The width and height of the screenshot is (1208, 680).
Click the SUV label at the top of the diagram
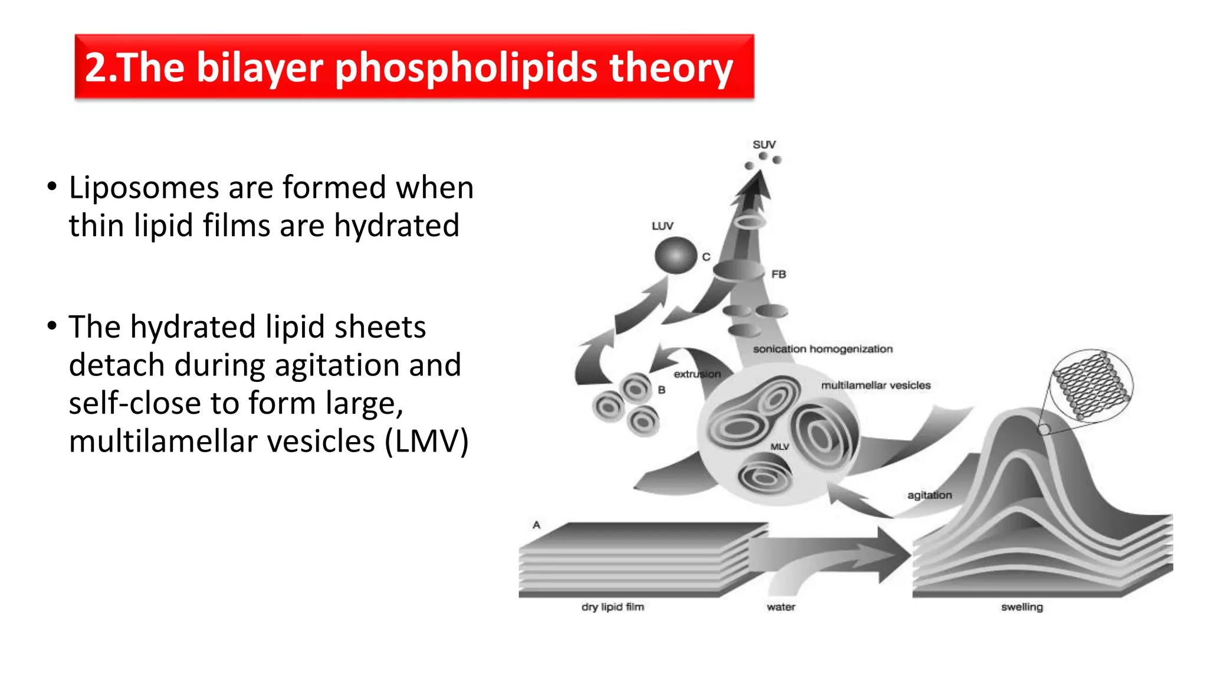[x=764, y=145]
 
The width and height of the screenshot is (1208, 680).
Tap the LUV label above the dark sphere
[x=662, y=226]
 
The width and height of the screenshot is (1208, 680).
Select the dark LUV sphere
[x=675, y=255]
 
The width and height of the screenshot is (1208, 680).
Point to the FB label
[x=779, y=274]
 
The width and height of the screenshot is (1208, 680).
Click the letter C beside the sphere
[x=706, y=257]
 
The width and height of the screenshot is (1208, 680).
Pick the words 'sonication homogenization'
[x=823, y=349]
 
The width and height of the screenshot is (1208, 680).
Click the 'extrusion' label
[x=697, y=374]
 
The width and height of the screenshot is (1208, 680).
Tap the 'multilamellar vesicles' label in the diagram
[x=876, y=385]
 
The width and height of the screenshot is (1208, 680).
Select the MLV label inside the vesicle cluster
[x=780, y=447]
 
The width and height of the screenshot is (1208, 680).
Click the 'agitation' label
[x=930, y=495]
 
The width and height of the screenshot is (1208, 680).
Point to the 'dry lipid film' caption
[x=613, y=607]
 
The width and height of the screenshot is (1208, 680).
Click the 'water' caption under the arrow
[x=781, y=607]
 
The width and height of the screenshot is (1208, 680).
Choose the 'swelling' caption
[x=1022, y=607]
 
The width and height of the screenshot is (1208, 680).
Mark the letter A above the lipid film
[x=536, y=525]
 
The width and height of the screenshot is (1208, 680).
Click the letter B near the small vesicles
[x=662, y=390]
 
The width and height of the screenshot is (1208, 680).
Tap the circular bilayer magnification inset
[x=1092, y=386]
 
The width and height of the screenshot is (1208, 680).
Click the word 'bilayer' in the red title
[x=260, y=67]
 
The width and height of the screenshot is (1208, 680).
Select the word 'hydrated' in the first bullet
[x=396, y=226]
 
